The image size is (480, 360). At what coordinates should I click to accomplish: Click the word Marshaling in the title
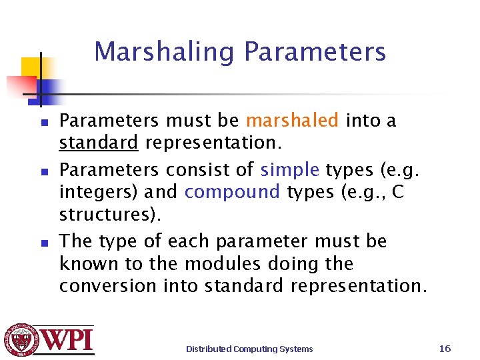[166, 52]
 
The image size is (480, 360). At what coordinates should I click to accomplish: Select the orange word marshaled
[292, 121]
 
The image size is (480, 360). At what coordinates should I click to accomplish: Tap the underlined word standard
[99, 143]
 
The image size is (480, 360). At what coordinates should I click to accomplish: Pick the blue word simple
[290, 170]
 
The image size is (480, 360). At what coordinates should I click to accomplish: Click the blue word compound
[232, 192]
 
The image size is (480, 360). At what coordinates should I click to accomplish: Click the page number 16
[445, 349]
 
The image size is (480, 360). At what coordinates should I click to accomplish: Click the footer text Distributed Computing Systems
[249, 349]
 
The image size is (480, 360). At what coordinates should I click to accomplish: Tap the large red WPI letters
[69, 341]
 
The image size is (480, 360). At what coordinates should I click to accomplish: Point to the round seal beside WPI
[21, 340]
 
